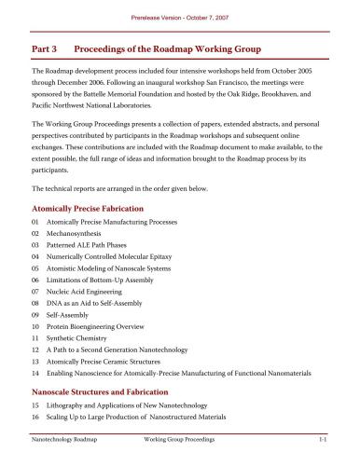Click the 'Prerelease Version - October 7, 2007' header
coord(179,8)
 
